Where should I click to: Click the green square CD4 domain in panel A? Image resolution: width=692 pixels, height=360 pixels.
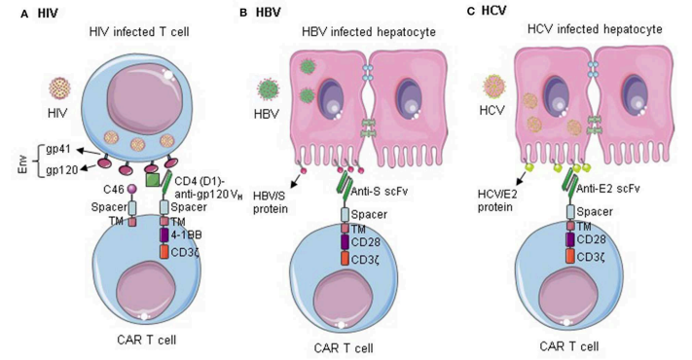(x=152, y=179)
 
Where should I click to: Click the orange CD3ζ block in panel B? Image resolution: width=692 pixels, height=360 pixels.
(x=346, y=257)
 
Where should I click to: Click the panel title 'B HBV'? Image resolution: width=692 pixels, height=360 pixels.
(x=260, y=11)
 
